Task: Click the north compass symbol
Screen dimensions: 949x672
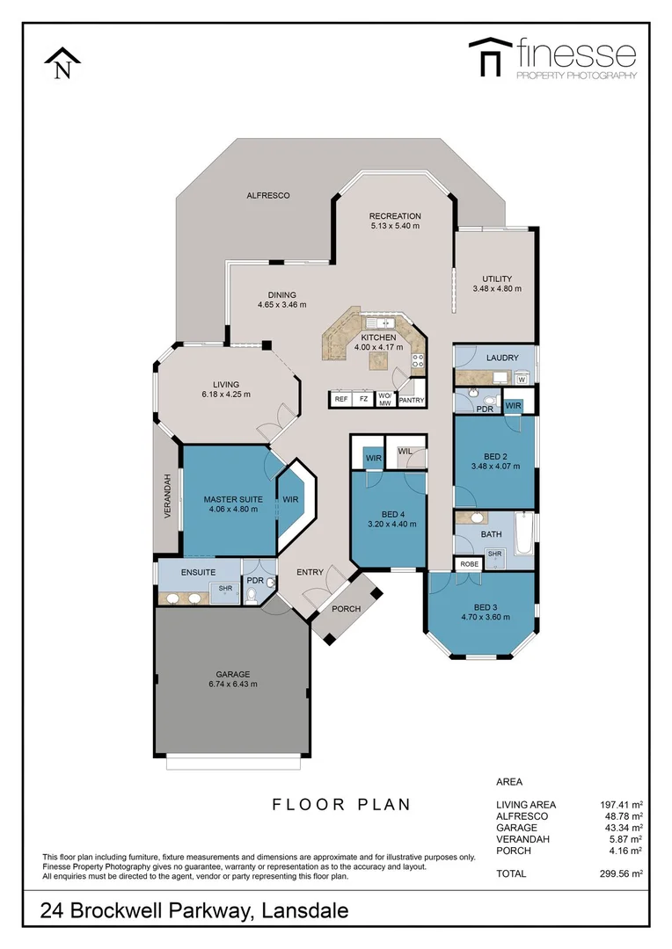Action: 62,64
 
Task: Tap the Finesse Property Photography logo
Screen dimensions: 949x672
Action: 551,58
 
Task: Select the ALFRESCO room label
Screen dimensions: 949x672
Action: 267,195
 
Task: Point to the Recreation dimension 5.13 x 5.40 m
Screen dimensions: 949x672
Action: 395,227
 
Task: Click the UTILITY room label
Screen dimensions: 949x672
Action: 497,279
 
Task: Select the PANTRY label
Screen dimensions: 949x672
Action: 411,401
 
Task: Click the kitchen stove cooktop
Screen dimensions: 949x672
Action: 418,360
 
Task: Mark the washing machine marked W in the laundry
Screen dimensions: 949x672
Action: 522,380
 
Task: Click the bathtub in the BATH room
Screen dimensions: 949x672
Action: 523,533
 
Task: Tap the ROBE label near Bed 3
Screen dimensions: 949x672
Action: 469,564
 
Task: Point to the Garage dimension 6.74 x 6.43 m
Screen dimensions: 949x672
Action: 233,685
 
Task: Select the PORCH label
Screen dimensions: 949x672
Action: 346,609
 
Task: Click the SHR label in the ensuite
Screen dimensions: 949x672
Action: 225,589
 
